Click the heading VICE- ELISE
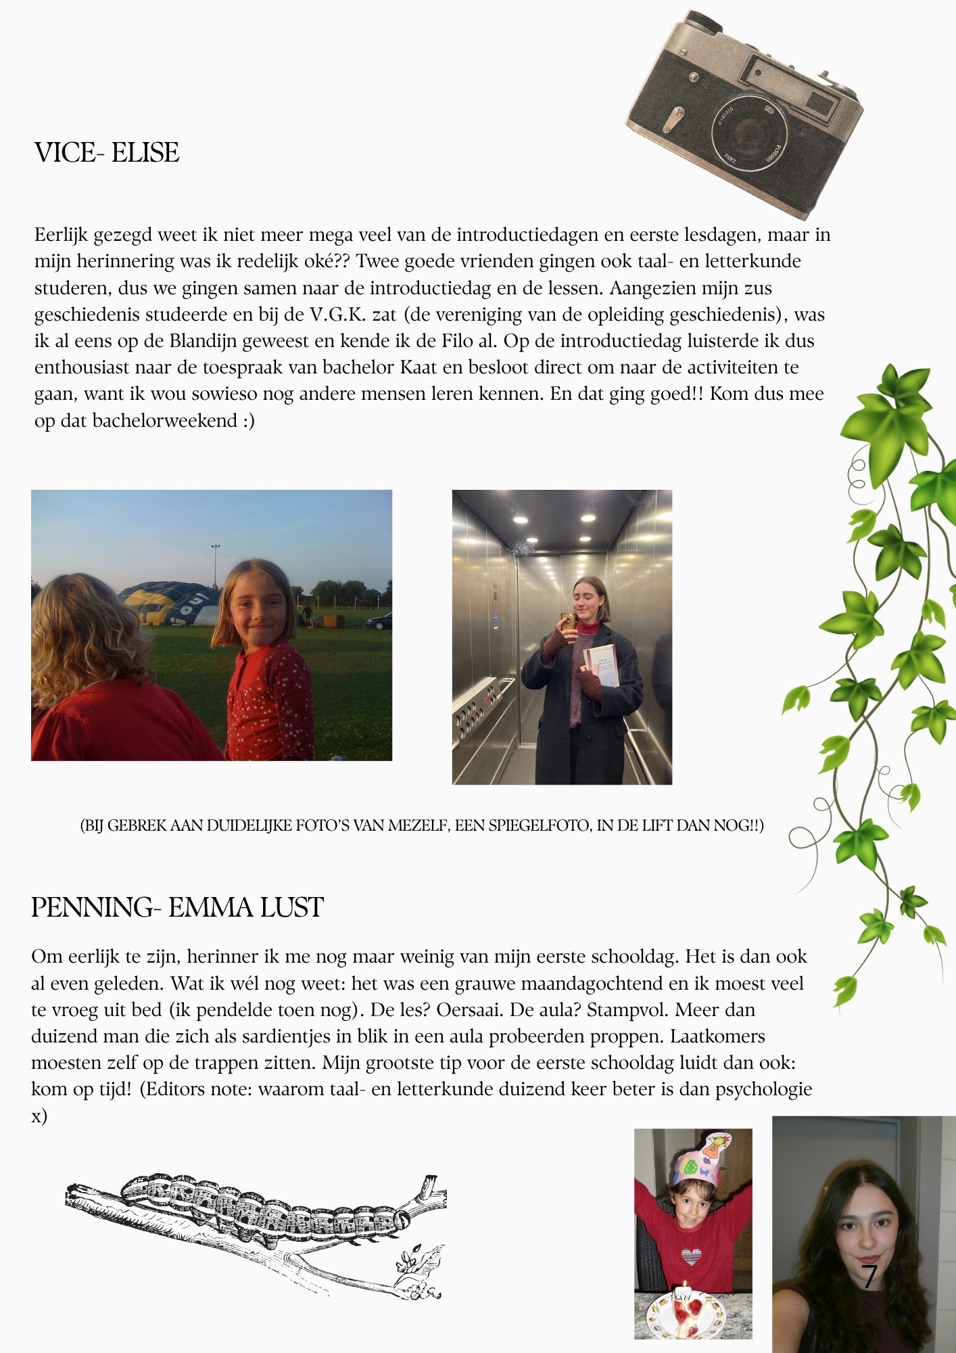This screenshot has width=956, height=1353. coord(107,153)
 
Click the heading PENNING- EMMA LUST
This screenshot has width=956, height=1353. coord(177,907)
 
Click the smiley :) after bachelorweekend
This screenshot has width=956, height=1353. coord(248,421)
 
